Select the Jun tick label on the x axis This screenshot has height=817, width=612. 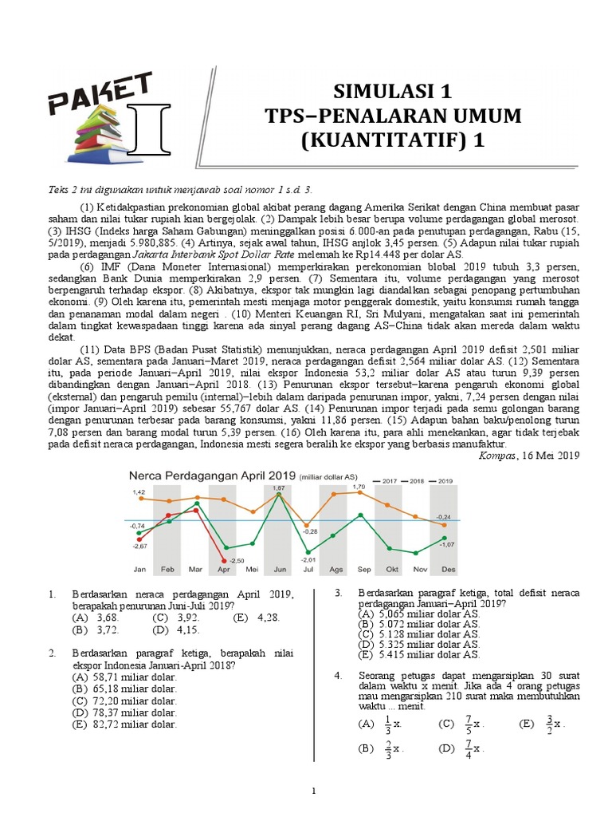click(279, 570)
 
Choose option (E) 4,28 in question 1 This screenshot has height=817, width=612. click(255, 618)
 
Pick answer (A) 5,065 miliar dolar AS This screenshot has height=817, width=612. click(419, 614)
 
